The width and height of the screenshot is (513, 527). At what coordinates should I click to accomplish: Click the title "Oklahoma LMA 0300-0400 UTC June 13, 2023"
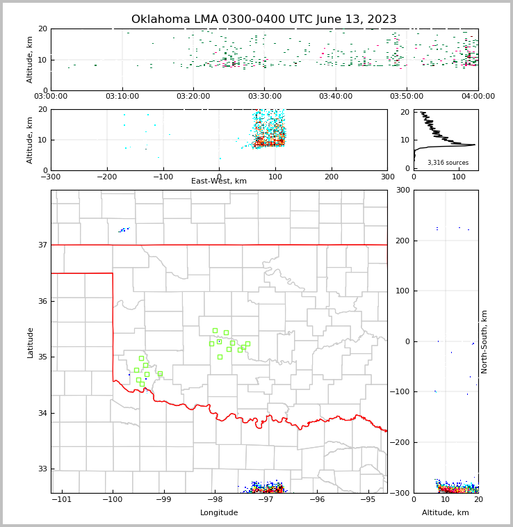263,19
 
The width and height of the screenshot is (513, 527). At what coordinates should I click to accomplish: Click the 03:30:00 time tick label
264,97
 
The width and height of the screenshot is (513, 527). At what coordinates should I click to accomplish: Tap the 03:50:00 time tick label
407,97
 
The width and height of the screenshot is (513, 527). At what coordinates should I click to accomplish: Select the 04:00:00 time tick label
478,97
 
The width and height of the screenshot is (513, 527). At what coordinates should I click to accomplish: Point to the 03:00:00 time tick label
51,97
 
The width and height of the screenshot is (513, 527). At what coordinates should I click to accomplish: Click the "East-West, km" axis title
219,181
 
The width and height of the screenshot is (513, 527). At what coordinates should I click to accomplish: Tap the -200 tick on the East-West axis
107,177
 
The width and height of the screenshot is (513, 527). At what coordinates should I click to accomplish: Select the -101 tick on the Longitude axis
62,499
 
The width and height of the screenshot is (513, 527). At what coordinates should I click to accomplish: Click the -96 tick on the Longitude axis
317,499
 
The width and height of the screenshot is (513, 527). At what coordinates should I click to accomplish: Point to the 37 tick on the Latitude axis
42,245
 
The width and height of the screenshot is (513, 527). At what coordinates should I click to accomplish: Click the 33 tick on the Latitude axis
42,469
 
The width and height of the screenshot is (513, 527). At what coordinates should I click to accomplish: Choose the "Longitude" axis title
219,513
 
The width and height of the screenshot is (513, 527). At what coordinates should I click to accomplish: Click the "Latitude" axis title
31,342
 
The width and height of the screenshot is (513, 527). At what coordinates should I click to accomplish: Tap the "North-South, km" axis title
484,341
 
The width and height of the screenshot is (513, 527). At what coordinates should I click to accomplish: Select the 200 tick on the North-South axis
402,241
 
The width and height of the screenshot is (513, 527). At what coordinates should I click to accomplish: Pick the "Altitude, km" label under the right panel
446,513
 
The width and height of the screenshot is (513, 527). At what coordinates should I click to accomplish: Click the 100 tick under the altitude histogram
459,177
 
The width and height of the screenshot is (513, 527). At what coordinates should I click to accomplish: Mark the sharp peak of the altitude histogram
475,145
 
